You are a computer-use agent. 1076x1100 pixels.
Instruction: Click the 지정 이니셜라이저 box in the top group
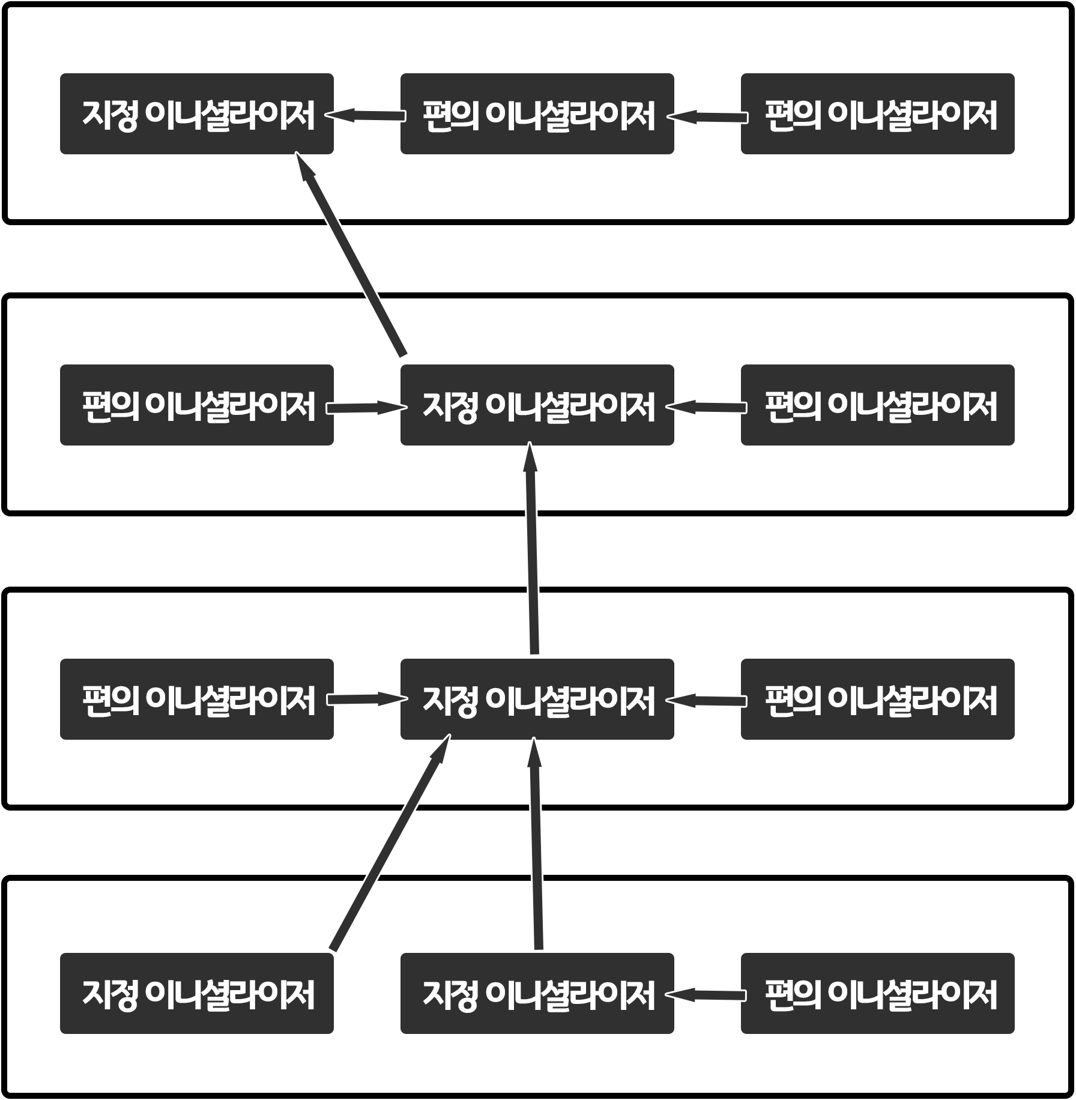tap(197, 114)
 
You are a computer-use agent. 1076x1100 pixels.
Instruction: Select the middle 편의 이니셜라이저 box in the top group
tap(537, 114)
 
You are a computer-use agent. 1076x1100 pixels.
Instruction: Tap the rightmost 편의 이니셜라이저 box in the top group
tap(877, 114)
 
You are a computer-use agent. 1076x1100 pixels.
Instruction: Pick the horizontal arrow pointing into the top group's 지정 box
tap(367, 115)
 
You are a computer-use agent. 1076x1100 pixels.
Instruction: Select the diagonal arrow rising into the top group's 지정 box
tap(351, 255)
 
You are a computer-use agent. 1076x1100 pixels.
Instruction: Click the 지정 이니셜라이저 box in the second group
tap(537, 405)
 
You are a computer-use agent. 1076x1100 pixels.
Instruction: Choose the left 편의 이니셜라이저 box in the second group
tap(197, 405)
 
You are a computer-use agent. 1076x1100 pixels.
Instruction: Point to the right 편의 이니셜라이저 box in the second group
tap(877, 405)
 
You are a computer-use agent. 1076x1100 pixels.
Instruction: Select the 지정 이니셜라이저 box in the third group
tap(537, 699)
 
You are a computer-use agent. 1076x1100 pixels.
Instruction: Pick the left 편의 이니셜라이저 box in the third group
tap(197, 699)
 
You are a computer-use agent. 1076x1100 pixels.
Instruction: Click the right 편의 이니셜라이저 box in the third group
tap(877, 699)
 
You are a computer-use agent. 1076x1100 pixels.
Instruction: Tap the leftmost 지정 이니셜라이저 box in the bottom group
tap(197, 993)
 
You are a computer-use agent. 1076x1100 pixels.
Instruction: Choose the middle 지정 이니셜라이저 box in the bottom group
tap(537, 993)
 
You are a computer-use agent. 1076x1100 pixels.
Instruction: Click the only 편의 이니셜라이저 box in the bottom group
tap(877, 993)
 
